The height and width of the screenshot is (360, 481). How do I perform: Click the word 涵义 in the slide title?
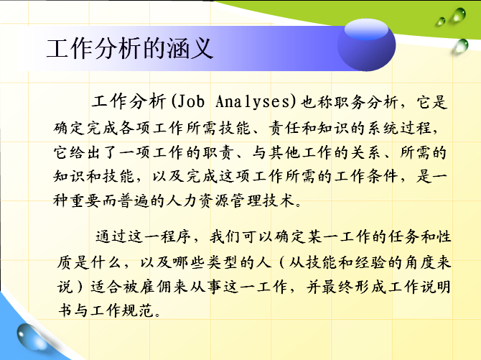pyautogui.click(x=190, y=49)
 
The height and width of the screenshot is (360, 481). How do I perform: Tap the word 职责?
pyautogui.click(x=218, y=152)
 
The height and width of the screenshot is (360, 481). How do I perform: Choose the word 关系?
pyautogui.click(x=365, y=152)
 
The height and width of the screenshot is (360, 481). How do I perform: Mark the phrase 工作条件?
pyautogui.click(x=365, y=176)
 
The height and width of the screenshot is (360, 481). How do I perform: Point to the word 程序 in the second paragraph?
pyautogui.click(x=176, y=236)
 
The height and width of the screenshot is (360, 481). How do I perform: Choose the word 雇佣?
pyautogui.click(x=156, y=287)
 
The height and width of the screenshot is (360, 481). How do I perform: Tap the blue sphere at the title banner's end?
pyautogui.click(x=366, y=45)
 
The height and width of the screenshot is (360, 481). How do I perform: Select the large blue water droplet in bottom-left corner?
pyautogui.click(x=32, y=337)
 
